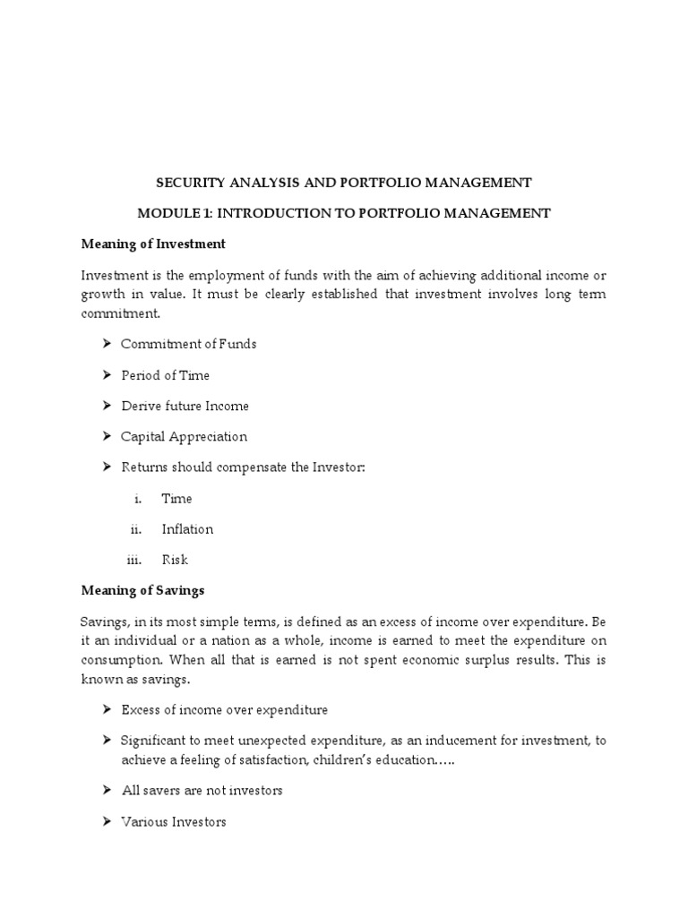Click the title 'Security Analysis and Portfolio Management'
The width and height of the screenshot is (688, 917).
(x=343, y=183)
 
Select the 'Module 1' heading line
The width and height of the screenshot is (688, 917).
(x=343, y=213)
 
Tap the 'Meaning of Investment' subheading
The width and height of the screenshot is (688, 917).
(x=153, y=244)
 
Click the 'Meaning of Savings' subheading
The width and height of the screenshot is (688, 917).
(x=142, y=590)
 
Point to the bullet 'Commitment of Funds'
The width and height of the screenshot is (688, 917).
(x=188, y=345)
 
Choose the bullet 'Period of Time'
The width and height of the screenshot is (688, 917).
(x=165, y=375)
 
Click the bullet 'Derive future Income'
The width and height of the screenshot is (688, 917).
(x=185, y=406)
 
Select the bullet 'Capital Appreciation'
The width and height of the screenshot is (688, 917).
(x=184, y=437)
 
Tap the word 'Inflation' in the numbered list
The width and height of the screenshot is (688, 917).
(x=187, y=529)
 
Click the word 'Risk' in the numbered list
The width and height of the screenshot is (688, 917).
(x=175, y=560)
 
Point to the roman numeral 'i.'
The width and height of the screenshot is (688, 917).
(x=138, y=499)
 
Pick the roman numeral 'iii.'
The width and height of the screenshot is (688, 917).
(x=133, y=560)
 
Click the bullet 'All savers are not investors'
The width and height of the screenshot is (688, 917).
(x=202, y=791)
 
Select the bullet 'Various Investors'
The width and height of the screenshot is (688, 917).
(x=173, y=821)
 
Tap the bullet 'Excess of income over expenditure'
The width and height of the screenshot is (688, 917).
(x=224, y=710)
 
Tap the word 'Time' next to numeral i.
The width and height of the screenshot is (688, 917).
(x=176, y=499)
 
